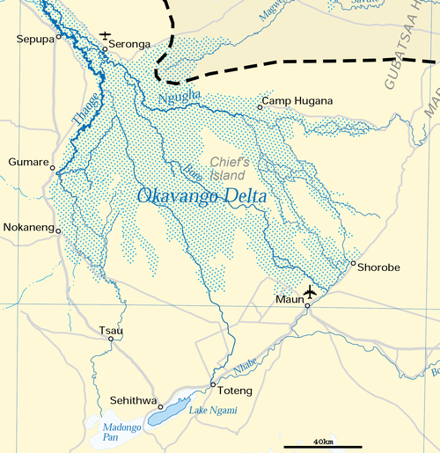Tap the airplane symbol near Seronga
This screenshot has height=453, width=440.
[x=106, y=36]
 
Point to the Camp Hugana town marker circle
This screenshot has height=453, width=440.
[x=260, y=107]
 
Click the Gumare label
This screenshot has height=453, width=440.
[x=26, y=162]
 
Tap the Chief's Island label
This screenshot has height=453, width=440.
[x=231, y=168]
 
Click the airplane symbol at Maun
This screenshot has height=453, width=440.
[x=310, y=291]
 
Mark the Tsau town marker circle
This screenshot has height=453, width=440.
[x=111, y=339]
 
